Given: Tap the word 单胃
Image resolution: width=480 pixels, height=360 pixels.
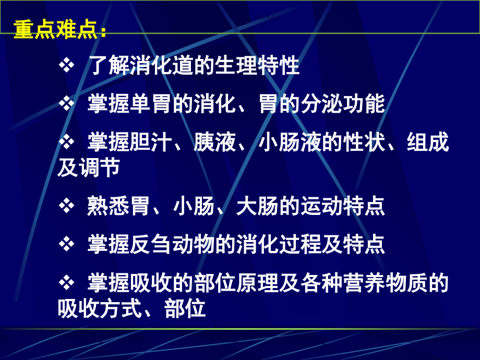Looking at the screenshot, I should click(x=150, y=104).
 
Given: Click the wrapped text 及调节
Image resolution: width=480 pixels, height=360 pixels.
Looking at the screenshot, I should click(x=89, y=167).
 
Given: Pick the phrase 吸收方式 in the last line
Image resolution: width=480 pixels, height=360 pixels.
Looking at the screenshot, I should click(x=100, y=308).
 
